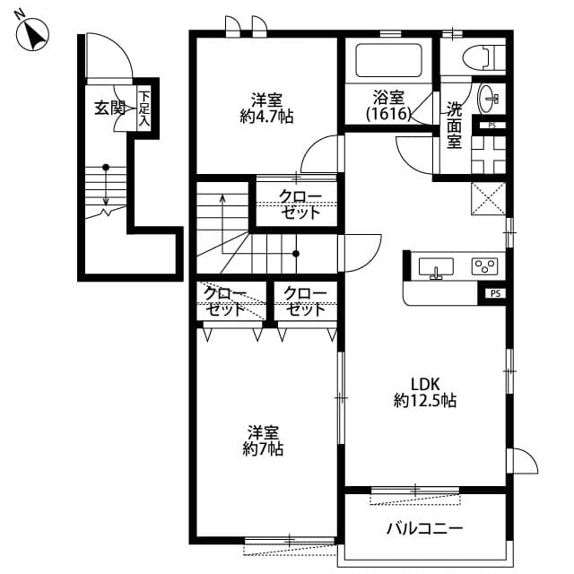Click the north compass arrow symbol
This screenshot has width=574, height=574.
click(35, 35)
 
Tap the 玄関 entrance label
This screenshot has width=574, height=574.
click(109, 109)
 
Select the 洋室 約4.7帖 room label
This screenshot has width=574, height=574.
click(266, 108)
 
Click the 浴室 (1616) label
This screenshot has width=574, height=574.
click(389, 106)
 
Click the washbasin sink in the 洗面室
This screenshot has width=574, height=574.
click(491, 97)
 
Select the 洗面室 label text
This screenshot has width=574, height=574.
click(455, 124)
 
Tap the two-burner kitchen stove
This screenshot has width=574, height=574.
click(484, 266)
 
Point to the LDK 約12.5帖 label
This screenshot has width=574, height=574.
click(424, 392)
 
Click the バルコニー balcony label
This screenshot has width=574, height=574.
click(424, 529)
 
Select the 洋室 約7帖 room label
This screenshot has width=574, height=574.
click(263, 439)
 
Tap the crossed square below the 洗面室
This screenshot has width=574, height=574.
click(488, 199)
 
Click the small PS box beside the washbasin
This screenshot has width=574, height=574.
click(492, 126)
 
